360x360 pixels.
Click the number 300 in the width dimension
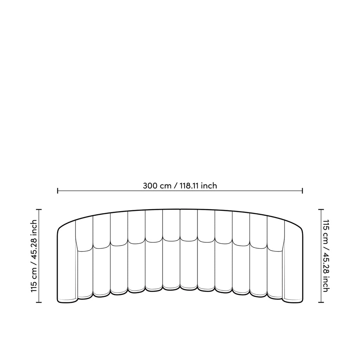click(150, 185)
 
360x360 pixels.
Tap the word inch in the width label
click(209, 185)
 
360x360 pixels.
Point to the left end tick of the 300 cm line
click(58, 191)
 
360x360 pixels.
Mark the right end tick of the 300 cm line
click(302, 191)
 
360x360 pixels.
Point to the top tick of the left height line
click(39, 210)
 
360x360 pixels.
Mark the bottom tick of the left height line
click(39, 302)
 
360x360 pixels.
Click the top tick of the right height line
click(321, 210)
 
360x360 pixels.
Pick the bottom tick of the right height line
click(321, 302)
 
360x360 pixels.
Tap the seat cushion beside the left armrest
click(85, 274)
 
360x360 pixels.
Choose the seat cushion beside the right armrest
click(275, 274)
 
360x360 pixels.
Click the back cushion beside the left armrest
click(84, 234)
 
